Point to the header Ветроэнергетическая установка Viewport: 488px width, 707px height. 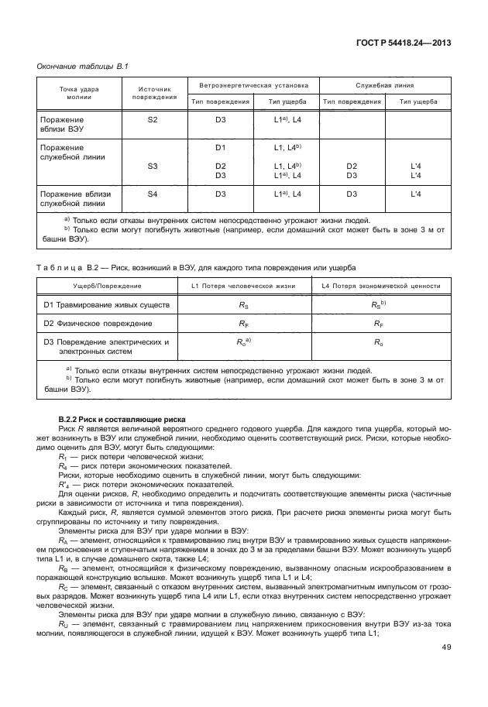click(253, 85)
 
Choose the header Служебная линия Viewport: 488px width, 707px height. click(384, 85)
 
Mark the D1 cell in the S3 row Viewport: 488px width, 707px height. click(220, 147)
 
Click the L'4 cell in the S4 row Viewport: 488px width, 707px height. click(415, 194)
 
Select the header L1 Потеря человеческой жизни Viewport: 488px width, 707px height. click(243, 287)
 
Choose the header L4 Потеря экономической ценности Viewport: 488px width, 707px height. click(376, 287)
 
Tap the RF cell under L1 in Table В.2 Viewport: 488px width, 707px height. click(243, 323)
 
